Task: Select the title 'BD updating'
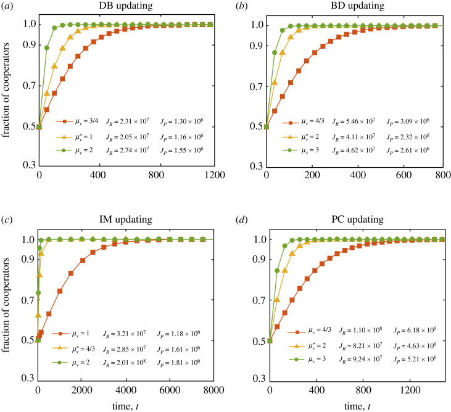pyautogui.click(x=354, y=6)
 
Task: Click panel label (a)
pyautogui.click(x=9, y=6)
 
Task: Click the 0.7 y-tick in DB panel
pyautogui.click(x=27, y=86)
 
